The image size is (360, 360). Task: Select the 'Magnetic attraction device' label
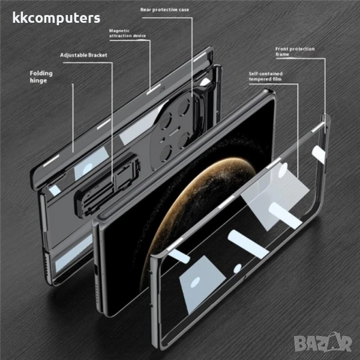tap(127, 33)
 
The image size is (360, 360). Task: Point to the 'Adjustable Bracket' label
tap(83, 55)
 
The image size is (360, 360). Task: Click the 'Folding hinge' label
tap(41, 77)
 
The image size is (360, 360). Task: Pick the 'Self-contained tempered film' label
tap(266, 76)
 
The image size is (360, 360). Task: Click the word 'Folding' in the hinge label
tap(41, 73)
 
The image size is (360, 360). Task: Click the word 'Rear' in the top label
tap(146, 10)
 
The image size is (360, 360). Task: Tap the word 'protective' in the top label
tap(163, 10)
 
